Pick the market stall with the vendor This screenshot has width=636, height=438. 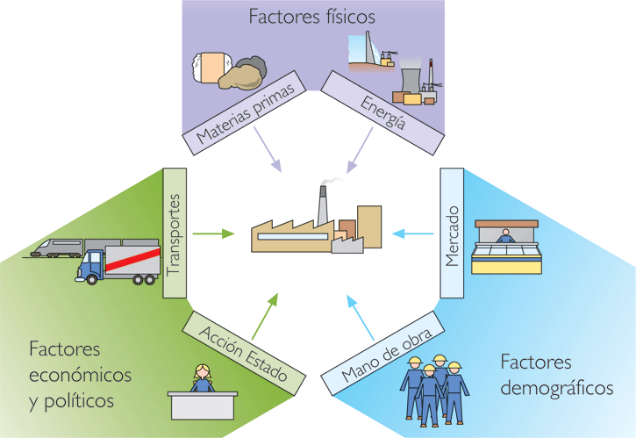coord(506,249)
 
